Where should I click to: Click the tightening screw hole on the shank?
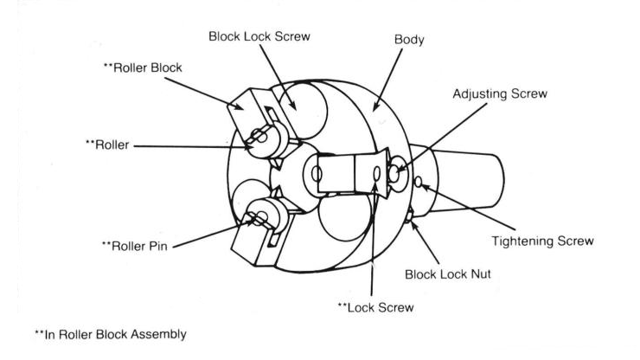click(x=420, y=182)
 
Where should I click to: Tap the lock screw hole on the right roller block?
click(x=375, y=175)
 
